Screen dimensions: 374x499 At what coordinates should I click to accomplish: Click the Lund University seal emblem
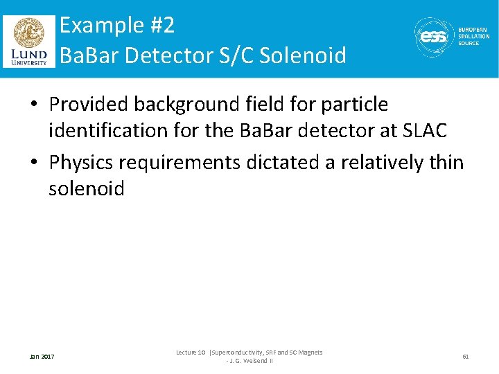(28, 33)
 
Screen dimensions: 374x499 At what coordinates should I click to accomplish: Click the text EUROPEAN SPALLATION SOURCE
(473, 37)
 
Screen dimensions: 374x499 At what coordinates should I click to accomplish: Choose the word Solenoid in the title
(302, 55)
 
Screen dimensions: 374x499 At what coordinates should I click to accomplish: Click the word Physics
(81, 163)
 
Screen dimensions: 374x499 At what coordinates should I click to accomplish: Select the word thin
(445, 163)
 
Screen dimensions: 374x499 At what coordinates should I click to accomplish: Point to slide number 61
(466, 357)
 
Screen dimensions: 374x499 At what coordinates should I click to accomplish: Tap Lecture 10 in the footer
(191, 353)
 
